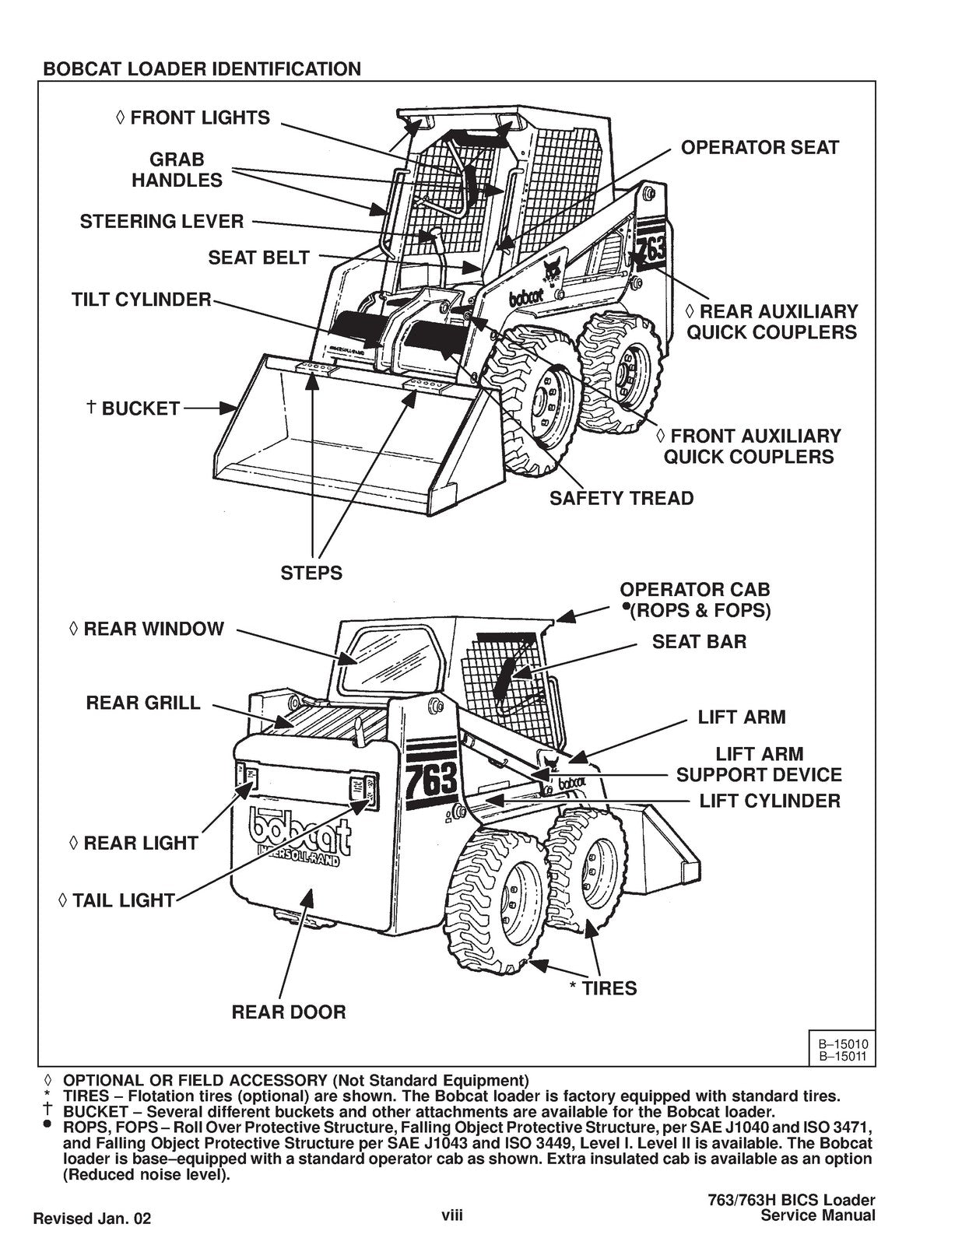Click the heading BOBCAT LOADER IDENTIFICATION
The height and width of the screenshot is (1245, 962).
[x=202, y=69]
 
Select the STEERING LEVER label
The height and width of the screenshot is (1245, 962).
[x=162, y=222]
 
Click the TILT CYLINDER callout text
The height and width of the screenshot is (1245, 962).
[x=142, y=300]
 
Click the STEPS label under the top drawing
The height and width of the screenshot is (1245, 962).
[x=311, y=573]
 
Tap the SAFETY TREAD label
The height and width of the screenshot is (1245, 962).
[x=621, y=498]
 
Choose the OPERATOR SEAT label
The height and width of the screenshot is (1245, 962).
[x=760, y=148]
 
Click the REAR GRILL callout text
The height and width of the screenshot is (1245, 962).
[x=143, y=703]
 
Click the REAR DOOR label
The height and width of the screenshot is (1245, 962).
[x=289, y=1012]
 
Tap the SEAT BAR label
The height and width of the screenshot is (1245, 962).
[x=699, y=642]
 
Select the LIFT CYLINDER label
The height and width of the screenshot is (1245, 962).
[x=769, y=801]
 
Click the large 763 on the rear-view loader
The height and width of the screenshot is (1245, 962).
[x=433, y=779]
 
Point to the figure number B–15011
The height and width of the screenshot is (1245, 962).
[x=841, y=1056]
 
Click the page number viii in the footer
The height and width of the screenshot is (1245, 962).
[x=452, y=1215]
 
